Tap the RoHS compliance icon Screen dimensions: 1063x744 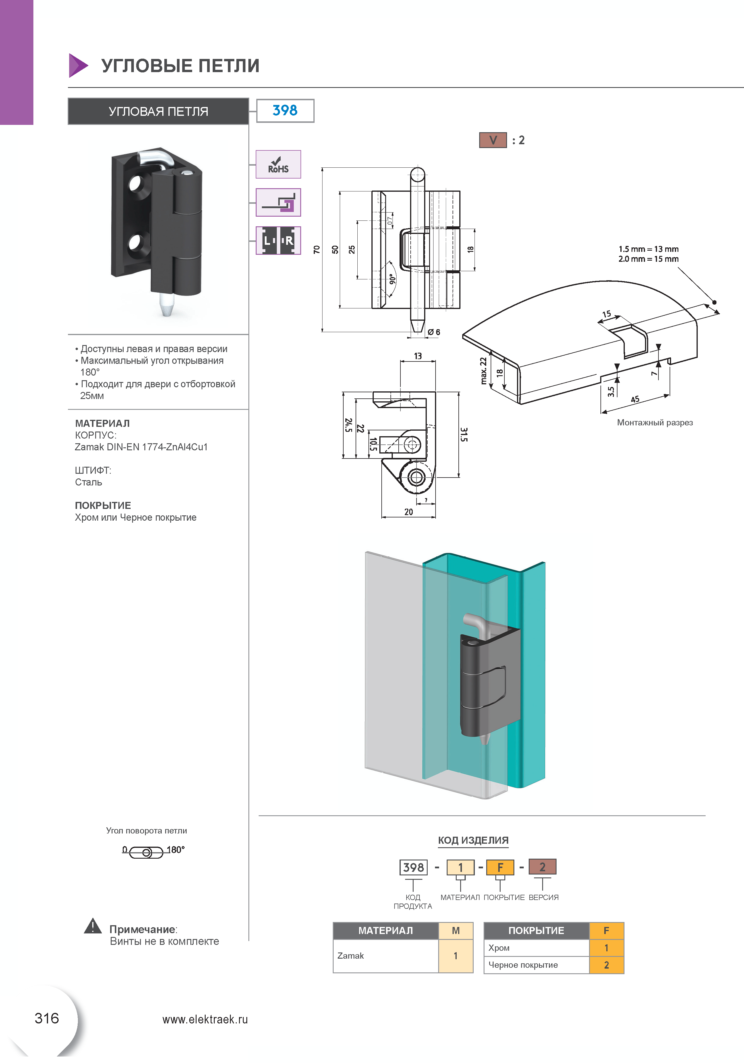pyautogui.click(x=278, y=165)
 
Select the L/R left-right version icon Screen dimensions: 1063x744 pyautogui.click(x=278, y=241)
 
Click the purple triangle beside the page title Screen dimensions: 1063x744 pyautogui.click(x=78, y=65)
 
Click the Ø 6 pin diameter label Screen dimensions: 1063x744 pyautogui.click(x=434, y=332)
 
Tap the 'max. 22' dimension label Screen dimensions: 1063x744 pyautogui.click(x=484, y=370)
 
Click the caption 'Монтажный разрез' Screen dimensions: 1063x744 pyautogui.click(x=654, y=422)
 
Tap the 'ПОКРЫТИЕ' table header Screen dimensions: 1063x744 pyautogui.click(x=536, y=930)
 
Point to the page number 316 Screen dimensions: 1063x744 pyautogui.click(x=47, y=1018)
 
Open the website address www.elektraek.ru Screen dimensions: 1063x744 pyautogui.click(x=205, y=1020)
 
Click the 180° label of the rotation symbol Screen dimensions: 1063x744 pyautogui.click(x=175, y=850)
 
